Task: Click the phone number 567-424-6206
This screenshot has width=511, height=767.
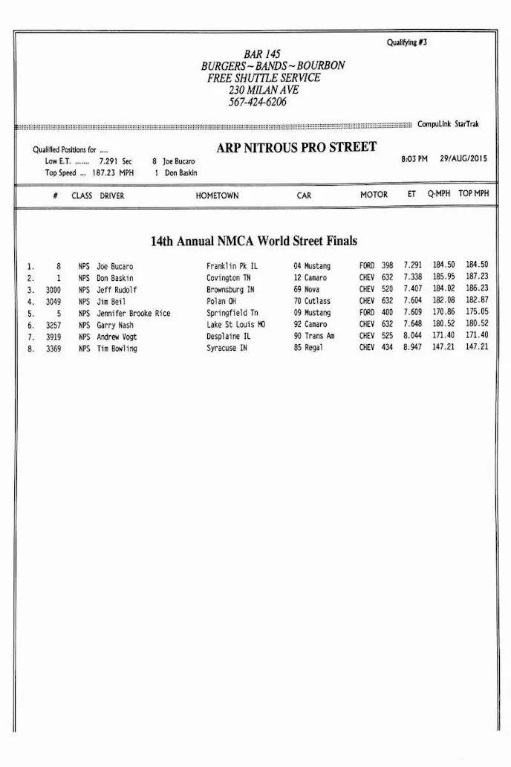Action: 257,103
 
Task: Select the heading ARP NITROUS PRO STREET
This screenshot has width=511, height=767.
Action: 296,147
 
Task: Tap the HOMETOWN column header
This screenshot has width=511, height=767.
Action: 217,195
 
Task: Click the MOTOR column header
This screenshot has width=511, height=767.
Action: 374,195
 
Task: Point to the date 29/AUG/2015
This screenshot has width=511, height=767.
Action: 463,159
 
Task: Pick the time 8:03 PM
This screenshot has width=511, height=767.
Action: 414,159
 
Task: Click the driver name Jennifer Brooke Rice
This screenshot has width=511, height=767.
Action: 134,314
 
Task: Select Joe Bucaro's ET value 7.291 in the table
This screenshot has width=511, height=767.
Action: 413,265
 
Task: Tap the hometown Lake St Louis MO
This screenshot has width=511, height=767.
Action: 235,325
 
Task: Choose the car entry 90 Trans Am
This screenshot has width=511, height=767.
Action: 314,337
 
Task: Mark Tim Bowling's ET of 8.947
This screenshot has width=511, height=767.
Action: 413,348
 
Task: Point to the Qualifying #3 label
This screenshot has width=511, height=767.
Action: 407,42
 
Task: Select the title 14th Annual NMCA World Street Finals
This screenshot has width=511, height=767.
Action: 254,242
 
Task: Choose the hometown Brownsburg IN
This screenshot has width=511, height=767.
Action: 230,290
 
